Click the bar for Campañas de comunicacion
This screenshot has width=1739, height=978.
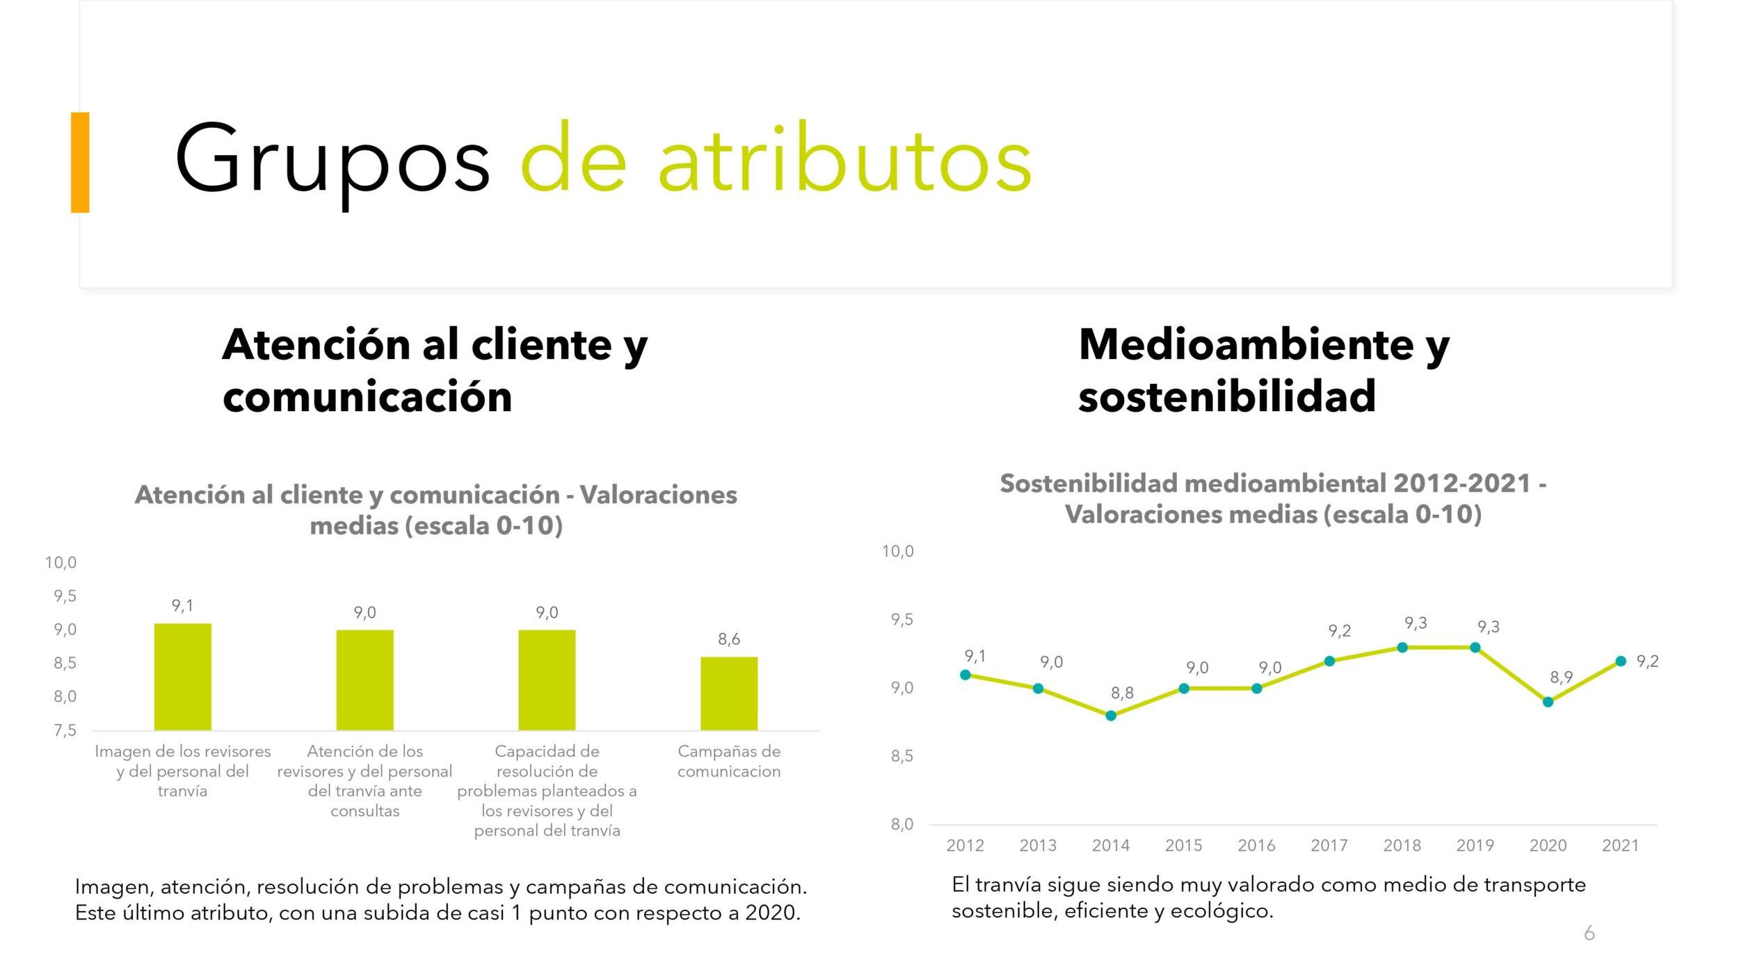coord(728,694)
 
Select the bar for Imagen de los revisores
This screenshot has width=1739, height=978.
coord(182,677)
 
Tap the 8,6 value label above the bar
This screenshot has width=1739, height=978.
coord(729,639)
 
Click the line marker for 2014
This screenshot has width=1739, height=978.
coord(1111,716)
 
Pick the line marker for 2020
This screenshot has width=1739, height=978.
coord(1548,702)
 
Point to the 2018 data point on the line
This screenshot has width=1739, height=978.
coord(1402,648)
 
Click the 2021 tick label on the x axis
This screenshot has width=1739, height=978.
coord(1620,845)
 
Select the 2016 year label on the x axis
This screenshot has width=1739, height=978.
coord(1256,845)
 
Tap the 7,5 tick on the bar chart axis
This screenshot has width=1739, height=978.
coord(65,730)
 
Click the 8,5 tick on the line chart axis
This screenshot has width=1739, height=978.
coord(902,756)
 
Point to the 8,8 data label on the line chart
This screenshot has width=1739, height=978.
coord(1122,693)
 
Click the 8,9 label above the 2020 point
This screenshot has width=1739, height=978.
coord(1561,678)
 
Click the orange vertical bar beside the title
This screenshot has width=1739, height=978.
coord(80,162)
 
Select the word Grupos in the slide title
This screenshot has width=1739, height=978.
coord(332,163)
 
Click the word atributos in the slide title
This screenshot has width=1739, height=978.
coord(844,159)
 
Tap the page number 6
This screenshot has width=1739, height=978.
coord(1589,933)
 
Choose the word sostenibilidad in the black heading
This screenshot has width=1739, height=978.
coord(1227,396)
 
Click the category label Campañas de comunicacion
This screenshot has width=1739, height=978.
coord(729,761)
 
